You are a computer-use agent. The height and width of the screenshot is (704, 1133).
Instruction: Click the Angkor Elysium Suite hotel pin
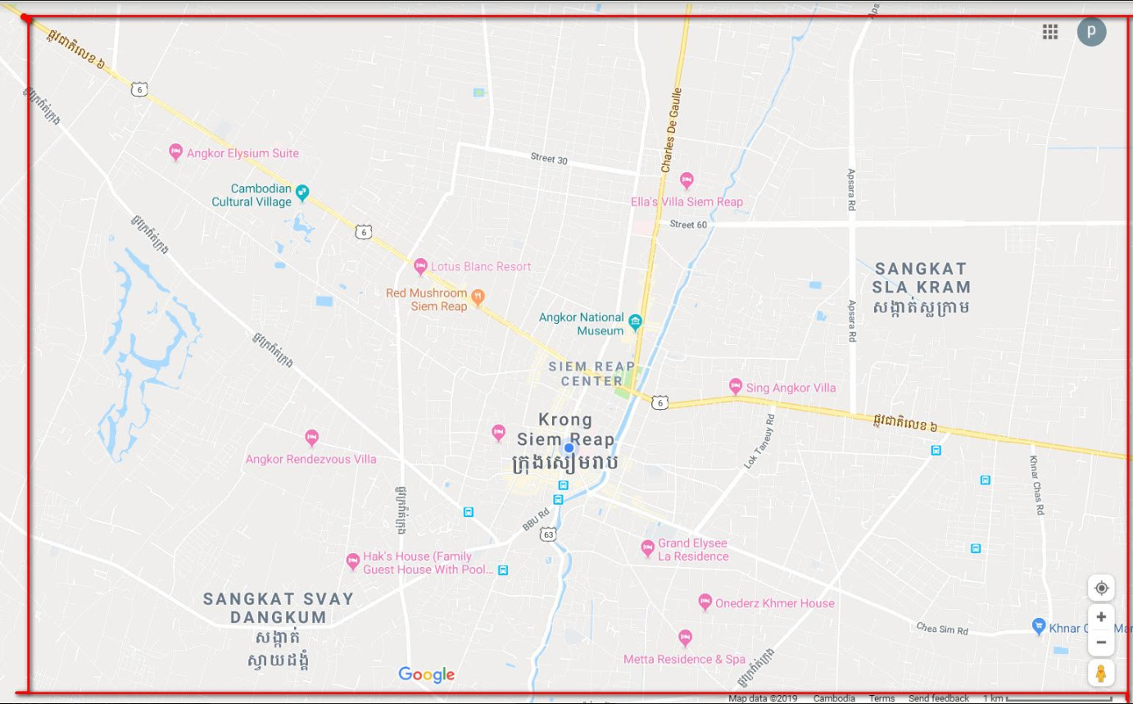[x=174, y=152]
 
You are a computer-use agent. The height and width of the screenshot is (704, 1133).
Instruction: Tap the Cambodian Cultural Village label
[x=252, y=195]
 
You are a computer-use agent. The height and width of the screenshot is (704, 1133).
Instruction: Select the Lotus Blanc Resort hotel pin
[x=420, y=266]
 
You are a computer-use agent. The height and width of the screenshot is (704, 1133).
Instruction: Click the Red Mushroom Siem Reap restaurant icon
[x=478, y=296]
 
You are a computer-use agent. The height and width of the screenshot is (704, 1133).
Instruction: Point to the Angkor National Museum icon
[x=635, y=320]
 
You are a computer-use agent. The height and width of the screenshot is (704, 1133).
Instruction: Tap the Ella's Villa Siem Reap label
[x=687, y=202]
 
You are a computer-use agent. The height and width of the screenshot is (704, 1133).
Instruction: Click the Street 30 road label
[x=548, y=159]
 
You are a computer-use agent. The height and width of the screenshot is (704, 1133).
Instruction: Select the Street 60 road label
[x=687, y=225]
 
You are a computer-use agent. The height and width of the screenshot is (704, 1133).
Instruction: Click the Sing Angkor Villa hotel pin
[x=735, y=386]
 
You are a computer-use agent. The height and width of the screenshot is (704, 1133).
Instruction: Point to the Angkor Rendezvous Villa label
[x=310, y=459]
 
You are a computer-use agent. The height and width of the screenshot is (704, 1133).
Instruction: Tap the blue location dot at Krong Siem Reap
[x=569, y=447]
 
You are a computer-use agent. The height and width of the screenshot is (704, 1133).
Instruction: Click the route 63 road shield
[x=548, y=534]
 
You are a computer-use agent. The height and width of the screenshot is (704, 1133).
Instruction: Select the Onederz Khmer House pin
[x=705, y=602]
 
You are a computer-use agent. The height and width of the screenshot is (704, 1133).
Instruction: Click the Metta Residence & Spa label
[x=684, y=659]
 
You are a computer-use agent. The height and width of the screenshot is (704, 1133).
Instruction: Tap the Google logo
[x=426, y=674]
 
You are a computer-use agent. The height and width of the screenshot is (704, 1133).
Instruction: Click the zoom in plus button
[x=1101, y=616]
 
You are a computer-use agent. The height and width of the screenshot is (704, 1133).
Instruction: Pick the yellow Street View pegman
[x=1101, y=673]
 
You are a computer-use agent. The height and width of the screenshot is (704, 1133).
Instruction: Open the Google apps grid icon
[x=1049, y=31]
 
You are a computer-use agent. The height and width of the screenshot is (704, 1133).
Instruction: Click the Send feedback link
[x=938, y=698]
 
